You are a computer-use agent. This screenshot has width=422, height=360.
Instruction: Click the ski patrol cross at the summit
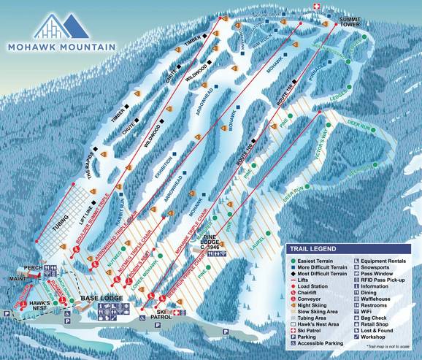[315, 7]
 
